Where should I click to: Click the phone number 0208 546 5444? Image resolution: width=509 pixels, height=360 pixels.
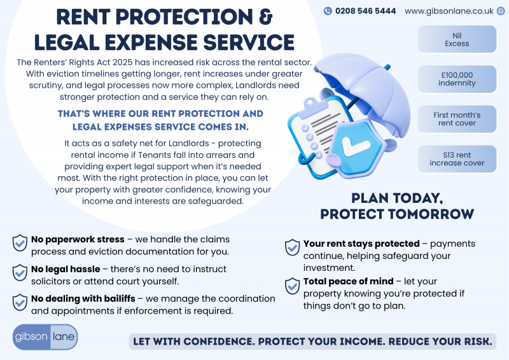coord(365,11)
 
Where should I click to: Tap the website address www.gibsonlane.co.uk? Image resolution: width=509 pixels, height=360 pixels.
coord(449,11)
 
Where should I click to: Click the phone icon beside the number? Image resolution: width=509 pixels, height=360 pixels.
coord(328,11)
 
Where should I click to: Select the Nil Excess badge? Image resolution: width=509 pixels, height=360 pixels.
coord(457,39)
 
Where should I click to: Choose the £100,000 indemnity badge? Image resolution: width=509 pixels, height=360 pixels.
coord(457,80)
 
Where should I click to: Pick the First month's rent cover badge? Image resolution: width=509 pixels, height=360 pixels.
coord(457,119)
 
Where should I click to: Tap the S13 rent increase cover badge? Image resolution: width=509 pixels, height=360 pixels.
coord(457,159)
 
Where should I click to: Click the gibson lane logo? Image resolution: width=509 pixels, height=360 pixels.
coord(45,337)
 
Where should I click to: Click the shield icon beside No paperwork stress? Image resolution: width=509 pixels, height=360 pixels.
coord(20,243)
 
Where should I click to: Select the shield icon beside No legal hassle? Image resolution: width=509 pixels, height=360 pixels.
coord(20,273)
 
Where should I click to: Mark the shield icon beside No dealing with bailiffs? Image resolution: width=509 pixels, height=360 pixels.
coord(20,303)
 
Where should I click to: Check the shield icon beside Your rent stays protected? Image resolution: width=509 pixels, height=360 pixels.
coord(292,247)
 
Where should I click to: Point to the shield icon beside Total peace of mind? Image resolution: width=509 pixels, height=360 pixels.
coord(292,286)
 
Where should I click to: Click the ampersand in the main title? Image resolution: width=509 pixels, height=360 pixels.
coord(265,17)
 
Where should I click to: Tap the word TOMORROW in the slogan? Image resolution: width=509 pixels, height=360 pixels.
coord(431,214)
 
